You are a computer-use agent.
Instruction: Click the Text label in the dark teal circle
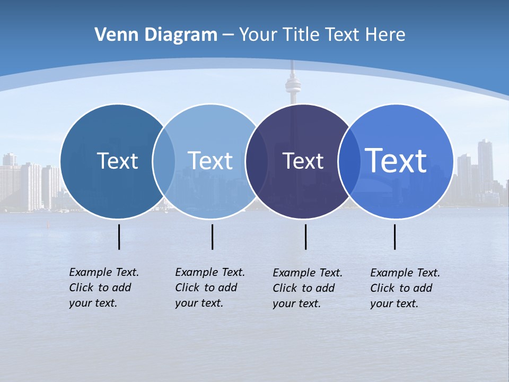117,161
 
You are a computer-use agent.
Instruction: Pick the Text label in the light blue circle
210,161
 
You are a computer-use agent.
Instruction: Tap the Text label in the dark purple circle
303,161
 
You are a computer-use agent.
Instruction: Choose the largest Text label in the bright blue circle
396,161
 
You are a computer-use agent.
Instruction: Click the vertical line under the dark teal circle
119,237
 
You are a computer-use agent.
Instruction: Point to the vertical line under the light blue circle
212,237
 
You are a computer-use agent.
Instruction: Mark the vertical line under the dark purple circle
306,237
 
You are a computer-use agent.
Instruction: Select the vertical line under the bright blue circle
395,237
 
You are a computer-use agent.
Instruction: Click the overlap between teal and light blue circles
164,161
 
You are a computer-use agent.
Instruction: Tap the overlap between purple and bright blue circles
347,161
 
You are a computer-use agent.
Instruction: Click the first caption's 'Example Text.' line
104,272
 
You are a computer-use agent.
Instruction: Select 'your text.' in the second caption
199,303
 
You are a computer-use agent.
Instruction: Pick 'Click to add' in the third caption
303,288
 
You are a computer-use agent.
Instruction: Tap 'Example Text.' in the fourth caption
405,273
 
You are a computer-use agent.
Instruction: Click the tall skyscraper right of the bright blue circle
485,164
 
